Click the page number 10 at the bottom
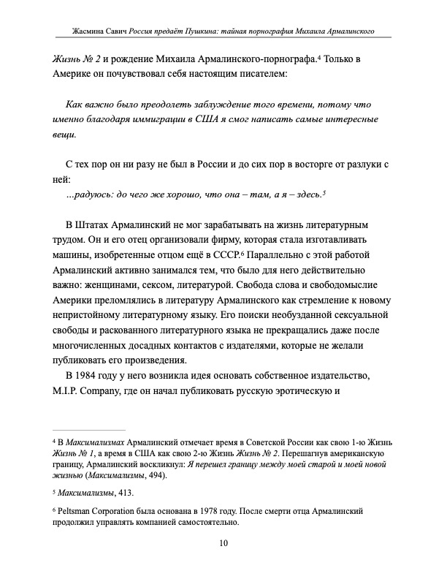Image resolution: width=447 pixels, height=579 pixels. click(x=223, y=542)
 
